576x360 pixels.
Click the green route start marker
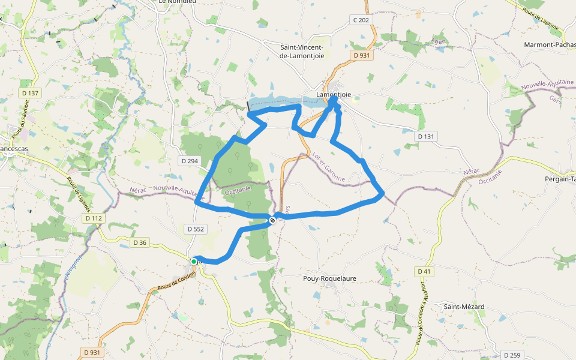point(194,262)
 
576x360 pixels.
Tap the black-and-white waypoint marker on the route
point(272,220)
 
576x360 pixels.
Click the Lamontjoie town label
point(333,94)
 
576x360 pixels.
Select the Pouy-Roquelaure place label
point(330,278)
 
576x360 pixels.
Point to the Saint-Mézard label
point(464,307)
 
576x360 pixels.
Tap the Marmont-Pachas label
point(550,45)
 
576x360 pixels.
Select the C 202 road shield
point(361,20)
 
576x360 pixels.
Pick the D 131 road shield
point(425,137)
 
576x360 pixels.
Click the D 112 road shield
point(94,218)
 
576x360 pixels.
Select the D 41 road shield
point(424,272)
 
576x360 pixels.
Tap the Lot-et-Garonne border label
point(328,166)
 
